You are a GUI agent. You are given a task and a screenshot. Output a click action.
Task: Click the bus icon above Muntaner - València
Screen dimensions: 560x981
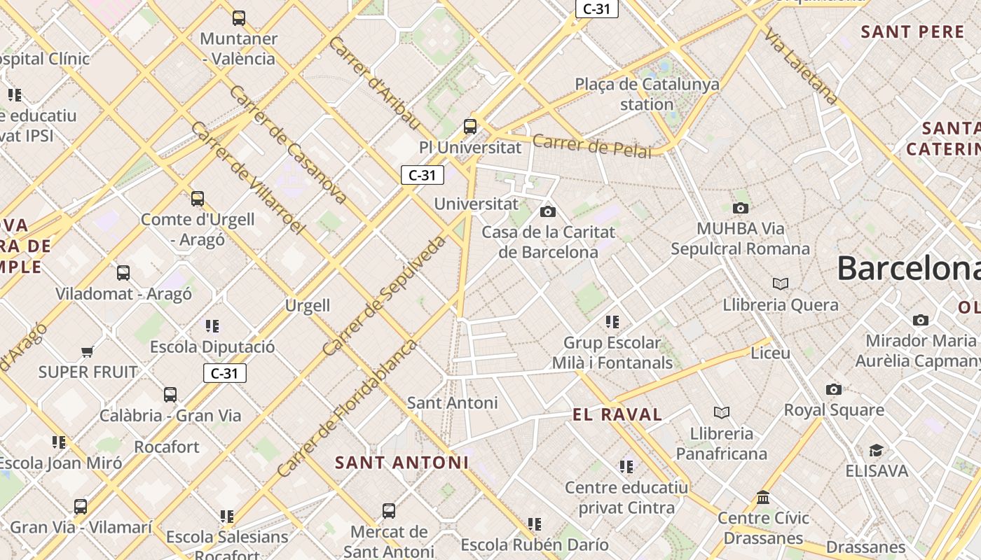point(239,18)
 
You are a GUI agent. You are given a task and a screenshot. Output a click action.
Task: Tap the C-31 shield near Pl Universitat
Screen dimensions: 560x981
point(422,175)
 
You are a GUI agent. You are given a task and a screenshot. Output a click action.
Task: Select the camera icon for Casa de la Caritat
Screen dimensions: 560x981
point(548,211)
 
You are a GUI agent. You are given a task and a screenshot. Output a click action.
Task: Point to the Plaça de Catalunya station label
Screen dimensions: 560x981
point(647,94)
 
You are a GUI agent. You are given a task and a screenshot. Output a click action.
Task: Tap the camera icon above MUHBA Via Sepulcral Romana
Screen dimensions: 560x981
point(740,208)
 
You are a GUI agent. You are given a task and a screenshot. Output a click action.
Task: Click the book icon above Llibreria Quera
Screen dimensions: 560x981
point(781,283)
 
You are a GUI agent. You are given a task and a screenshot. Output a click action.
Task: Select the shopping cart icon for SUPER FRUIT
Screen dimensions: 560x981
point(87,351)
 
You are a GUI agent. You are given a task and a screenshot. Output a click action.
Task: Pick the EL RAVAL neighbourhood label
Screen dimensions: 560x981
point(617,414)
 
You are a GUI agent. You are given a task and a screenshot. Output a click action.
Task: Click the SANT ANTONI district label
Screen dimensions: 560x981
point(402,463)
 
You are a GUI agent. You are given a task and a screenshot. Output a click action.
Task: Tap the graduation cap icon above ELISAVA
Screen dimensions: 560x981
point(876,450)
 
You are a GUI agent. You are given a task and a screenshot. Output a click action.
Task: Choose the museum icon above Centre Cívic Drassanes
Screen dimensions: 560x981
point(763,498)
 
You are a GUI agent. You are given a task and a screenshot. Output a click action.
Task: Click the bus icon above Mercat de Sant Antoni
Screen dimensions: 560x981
point(389,511)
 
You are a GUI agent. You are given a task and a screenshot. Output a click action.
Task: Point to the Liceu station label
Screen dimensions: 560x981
point(770,353)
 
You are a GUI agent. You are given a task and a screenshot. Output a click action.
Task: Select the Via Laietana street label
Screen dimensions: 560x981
point(801,66)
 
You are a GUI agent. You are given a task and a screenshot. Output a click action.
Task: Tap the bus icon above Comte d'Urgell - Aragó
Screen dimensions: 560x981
point(198,199)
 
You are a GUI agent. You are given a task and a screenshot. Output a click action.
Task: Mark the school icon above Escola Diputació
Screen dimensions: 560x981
point(212,326)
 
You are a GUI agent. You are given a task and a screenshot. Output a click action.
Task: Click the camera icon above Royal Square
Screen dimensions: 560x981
point(833,389)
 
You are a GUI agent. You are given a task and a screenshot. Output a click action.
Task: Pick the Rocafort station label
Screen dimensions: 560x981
point(167,447)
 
